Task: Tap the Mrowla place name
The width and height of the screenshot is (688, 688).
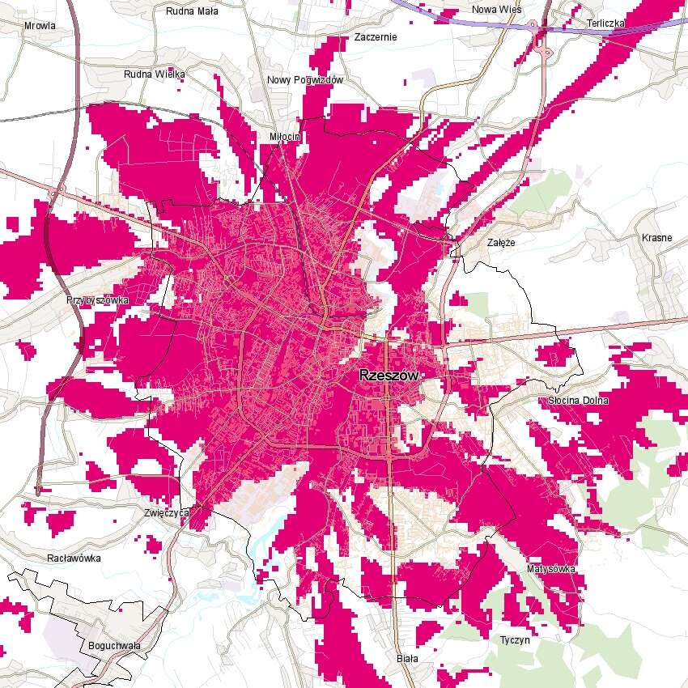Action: [x=40, y=26]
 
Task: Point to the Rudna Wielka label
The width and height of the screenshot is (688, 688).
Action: [x=155, y=74]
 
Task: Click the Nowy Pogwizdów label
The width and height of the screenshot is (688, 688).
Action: [x=306, y=80]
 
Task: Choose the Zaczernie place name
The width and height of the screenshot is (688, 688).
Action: [x=376, y=37]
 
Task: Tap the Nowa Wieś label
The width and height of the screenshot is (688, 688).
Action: [x=496, y=10]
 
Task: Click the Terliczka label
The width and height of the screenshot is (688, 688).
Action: [x=606, y=23]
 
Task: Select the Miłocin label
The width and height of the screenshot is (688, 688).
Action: [x=284, y=137]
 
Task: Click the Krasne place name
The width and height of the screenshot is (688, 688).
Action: [x=656, y=238]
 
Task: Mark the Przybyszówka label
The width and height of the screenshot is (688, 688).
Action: [x=97, y=299]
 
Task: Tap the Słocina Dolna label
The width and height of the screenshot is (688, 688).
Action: [x=578, y=401]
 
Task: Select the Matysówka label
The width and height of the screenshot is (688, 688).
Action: [x=550, y=569]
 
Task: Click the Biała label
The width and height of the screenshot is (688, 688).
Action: [x=407, y=659]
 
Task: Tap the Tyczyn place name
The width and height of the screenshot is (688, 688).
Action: [x=515, y=639]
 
